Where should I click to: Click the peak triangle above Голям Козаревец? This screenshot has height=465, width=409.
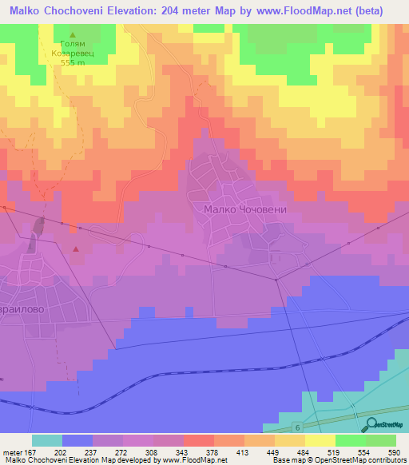click(73, 36)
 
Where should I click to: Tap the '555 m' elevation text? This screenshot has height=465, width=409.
click(73, 62)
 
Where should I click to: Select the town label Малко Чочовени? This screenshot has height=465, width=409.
click(244, 210)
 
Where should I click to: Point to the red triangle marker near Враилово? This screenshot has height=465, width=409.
click(76, 249)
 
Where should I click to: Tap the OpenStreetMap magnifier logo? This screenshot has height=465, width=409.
click(370, 426)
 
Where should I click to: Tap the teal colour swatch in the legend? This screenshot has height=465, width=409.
click(47, 440)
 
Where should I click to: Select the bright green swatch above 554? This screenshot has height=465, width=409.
click(351, 440)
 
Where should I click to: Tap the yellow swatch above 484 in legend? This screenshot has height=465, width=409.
click(290, 440)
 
